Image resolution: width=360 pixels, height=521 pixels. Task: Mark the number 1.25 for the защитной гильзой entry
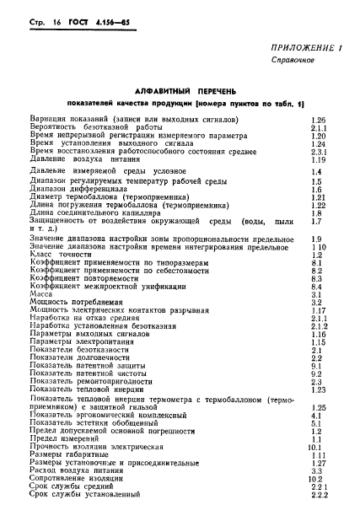(x=318, y=407)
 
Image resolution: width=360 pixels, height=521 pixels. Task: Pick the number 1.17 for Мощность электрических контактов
(x=318, y=309)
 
